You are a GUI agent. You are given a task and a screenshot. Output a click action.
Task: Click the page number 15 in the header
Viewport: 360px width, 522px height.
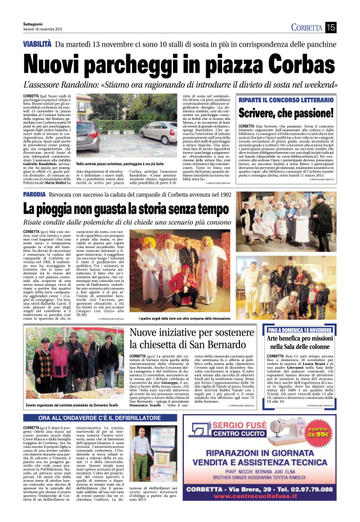(x=331, y=27)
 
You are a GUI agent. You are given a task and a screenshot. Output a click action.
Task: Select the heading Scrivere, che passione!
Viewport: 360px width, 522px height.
(x=287, y=112)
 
